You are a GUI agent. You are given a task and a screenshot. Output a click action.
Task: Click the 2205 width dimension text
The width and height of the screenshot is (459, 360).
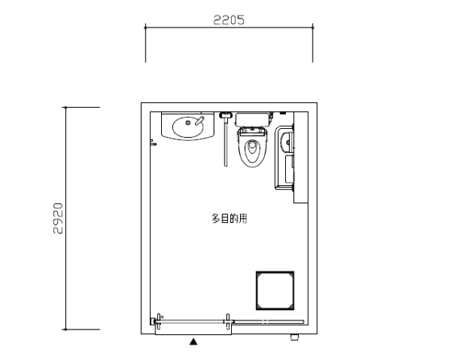(x=229, y=20)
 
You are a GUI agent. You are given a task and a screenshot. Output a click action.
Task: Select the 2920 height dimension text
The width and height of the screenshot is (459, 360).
(x=58, y=218)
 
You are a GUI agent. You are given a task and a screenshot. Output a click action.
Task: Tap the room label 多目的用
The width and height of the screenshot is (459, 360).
(x=229, y=218)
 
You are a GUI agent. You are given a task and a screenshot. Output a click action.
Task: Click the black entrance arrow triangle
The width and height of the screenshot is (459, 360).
(x=193, y=341)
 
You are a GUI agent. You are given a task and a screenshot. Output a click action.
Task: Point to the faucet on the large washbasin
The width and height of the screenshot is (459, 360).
(x=199, y=121)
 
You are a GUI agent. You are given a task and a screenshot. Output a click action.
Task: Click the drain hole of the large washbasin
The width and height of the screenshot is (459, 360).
(x=188, y=123)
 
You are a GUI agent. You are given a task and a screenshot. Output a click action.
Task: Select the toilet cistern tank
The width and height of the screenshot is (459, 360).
(x=252, y=119)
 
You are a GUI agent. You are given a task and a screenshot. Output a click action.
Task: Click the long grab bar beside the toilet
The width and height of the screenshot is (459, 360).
(x=225, y=142)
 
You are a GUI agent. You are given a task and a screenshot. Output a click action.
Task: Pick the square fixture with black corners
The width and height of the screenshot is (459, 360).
(x=275, y=291)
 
